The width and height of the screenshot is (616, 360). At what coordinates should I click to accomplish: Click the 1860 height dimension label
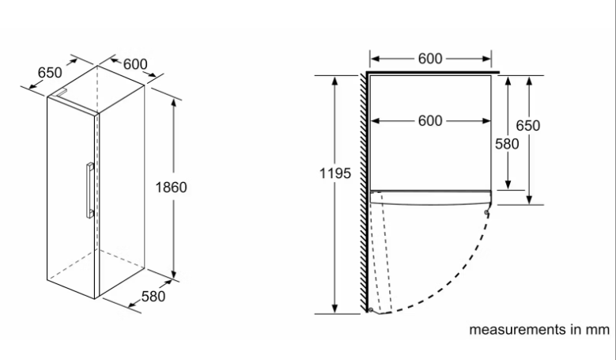(171, 188)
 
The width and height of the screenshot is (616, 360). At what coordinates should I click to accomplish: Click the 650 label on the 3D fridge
(50, 72)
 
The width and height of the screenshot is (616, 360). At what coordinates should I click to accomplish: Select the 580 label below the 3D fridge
(153, 297)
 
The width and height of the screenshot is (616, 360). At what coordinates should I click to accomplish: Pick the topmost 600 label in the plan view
(430, 58)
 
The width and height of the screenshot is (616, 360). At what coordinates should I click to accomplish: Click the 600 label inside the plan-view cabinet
(430, 121)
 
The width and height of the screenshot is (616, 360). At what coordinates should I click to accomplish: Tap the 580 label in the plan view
(508, 144)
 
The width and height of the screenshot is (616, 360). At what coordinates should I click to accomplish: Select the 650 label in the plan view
(528, 126)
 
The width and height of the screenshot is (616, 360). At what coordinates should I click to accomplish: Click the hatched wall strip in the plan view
(365, 190)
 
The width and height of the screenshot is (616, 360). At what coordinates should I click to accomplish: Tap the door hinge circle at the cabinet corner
(488, 211)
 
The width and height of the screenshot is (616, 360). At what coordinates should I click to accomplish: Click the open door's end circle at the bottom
(369, 310)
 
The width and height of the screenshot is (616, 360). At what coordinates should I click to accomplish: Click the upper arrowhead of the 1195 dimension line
(335, 80)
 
